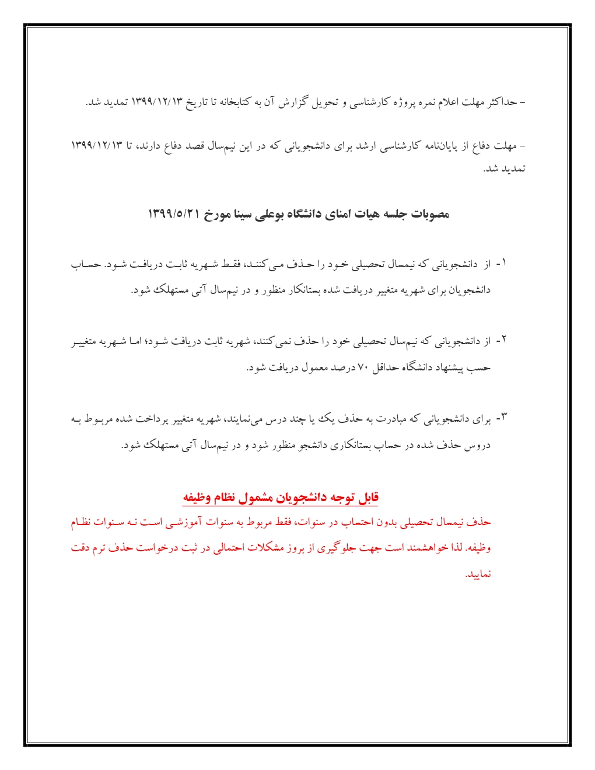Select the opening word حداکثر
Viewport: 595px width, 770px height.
click(x=502, y=103)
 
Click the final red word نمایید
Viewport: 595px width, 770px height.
click(x=478, y=575)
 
